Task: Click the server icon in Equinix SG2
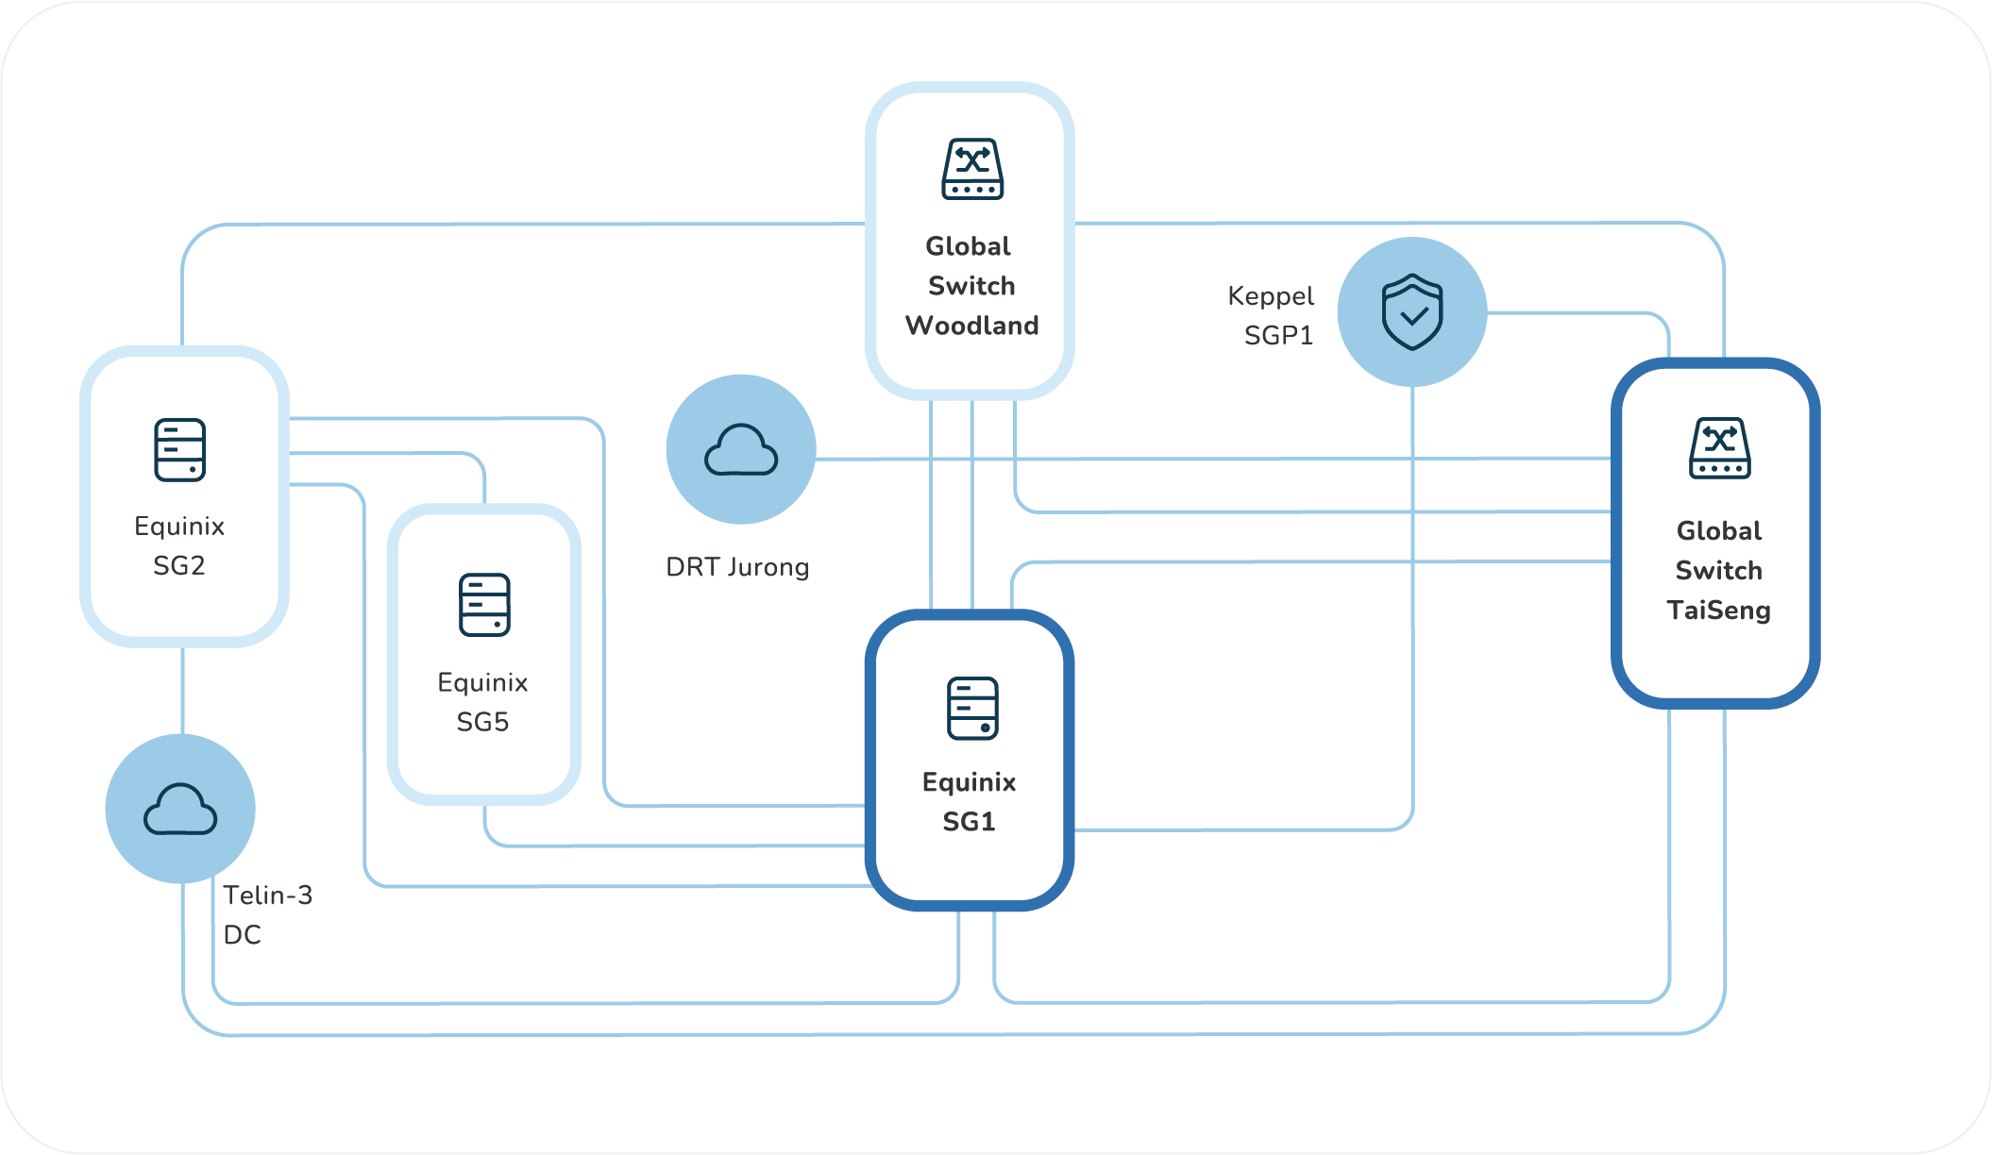click(x=179, y=450)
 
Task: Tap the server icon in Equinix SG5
click(x=484, y=605)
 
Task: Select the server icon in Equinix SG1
click(x=972, y=708)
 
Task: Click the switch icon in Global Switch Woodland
click(x=972, y=169)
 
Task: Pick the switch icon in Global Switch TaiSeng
click(x=1719, y=448)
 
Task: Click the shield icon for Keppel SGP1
click(x=1412, y=312)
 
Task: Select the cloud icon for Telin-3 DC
click(x=180, y=809)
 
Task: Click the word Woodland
click(x=971, y=326)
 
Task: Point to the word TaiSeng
click(x=1718, y=611)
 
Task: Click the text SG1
click(x=969, y=822)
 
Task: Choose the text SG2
click(x=179, y=565)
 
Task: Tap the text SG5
click(x=482, y=722)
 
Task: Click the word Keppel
click(x=1271, y=296)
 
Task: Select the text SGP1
click(x=1278, y=336)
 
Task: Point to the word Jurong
click(x=768, y=567)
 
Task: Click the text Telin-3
click(x=267, y=895)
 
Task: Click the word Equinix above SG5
click(x=482, y=682)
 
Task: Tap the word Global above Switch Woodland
click(x=968, y=246)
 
